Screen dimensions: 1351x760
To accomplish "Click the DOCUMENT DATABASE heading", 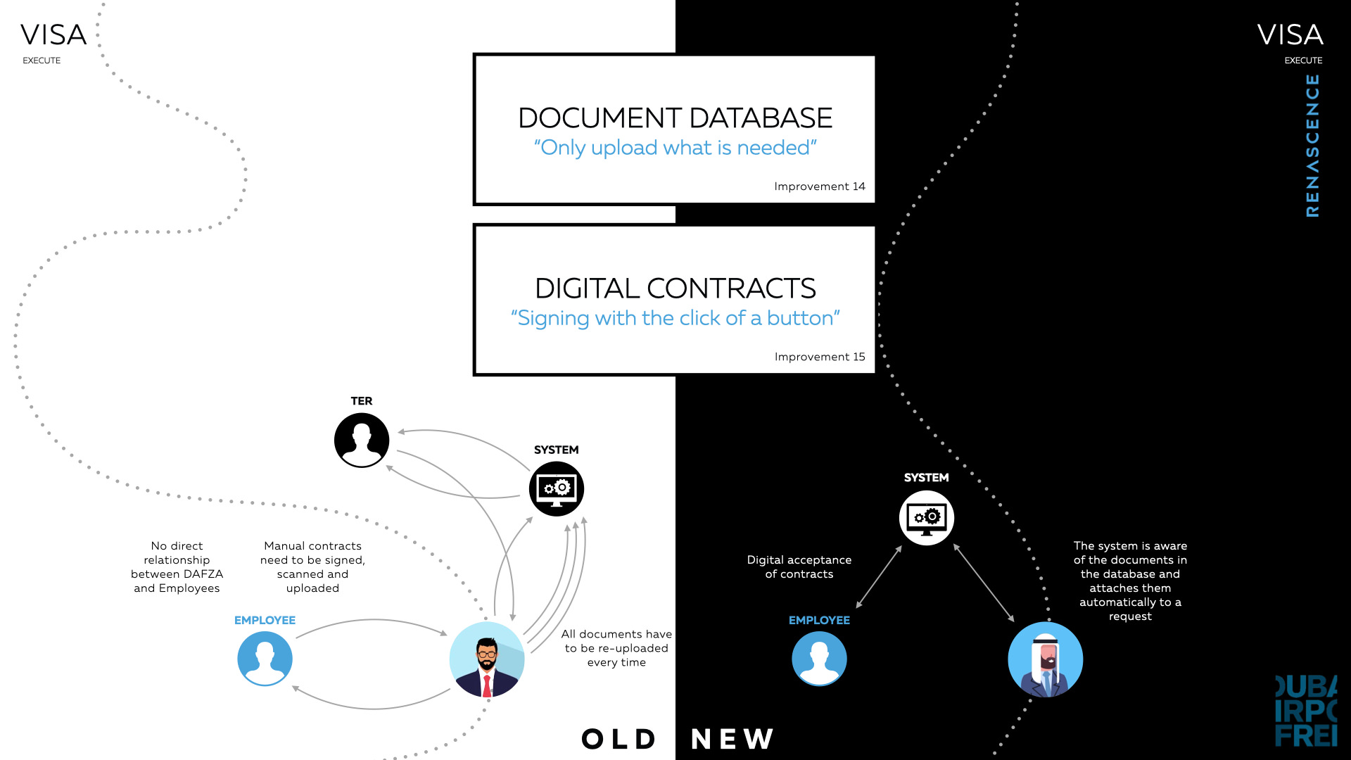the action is (675, 118).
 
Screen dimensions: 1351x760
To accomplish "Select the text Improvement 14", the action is (820, 186).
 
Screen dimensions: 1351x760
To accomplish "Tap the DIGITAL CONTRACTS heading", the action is (675, 289).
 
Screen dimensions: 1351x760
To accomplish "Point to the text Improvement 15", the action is (820, 357).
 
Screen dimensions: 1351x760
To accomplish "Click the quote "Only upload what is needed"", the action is (675, 148).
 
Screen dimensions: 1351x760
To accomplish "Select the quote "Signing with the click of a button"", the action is (675, 318).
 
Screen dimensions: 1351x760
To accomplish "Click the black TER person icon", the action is (362, 441).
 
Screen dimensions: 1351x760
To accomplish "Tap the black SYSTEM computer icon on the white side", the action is (557, 489).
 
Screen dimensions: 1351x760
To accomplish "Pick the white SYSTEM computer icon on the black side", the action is (927, 518).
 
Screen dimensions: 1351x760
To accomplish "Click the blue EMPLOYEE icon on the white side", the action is (265, 659).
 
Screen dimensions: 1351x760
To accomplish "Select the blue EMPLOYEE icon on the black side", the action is (819, 659).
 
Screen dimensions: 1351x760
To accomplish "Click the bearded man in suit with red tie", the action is (487, 659).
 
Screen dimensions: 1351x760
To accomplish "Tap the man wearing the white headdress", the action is (1046, 659).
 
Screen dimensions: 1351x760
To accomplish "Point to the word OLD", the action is (619, 739).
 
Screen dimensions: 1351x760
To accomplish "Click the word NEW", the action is (732, 739).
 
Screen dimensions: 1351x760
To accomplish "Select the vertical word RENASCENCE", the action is (1312, 146).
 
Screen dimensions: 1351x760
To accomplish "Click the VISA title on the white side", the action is (53, 34).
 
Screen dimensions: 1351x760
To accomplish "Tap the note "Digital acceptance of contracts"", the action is (799, 567).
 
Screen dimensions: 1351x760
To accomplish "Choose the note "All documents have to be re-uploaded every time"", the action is (616, 648).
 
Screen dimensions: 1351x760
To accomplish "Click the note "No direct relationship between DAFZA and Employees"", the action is (177, 567).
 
